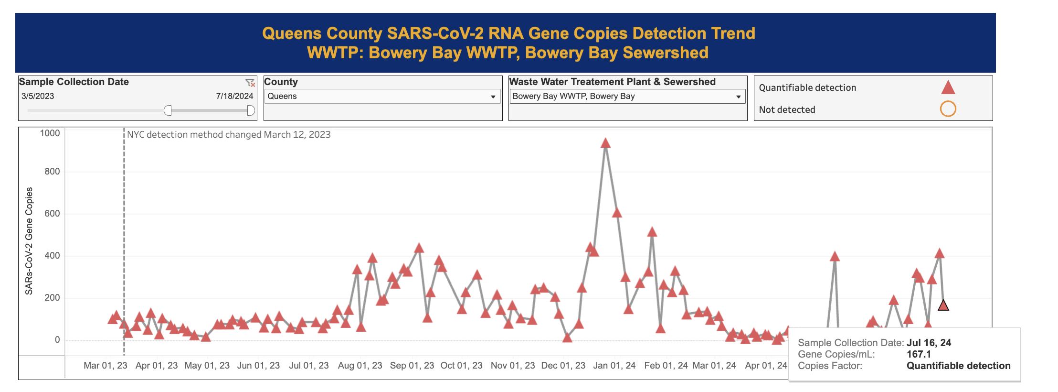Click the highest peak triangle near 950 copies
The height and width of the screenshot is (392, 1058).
(x=605, y=143)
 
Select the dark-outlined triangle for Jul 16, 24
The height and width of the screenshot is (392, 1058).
(x=943, y=305)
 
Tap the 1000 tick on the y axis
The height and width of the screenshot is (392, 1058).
(x=50, y=133)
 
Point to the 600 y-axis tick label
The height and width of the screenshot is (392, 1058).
(x=52, y=214)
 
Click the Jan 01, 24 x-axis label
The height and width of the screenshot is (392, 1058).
(x=614, y=366)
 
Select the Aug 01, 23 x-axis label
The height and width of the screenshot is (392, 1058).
(x=360, y=366)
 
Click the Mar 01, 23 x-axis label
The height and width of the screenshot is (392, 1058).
(x=106, y=366)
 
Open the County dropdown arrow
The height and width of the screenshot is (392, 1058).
(x=493, y=97)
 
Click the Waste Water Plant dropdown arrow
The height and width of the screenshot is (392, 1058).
(x=738, y=97)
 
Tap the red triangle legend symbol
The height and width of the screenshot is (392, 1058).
(x=948, y=87)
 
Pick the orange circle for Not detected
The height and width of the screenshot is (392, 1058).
(x=948, y=109)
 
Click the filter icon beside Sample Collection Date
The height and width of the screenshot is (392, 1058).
(x=250, y=83)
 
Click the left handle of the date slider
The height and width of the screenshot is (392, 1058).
(x=168, y=110)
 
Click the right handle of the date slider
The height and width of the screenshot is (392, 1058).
(x=251, y=110)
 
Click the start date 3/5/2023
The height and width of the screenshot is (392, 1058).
(x=38, y=96)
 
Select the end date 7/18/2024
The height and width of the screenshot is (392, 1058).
(x=234, y=96)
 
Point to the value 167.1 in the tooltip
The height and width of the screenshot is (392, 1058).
(x=919, y=354)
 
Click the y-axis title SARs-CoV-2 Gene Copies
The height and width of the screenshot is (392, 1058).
(x=29, y=241)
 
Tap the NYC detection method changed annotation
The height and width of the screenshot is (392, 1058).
(x=229, y=135)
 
